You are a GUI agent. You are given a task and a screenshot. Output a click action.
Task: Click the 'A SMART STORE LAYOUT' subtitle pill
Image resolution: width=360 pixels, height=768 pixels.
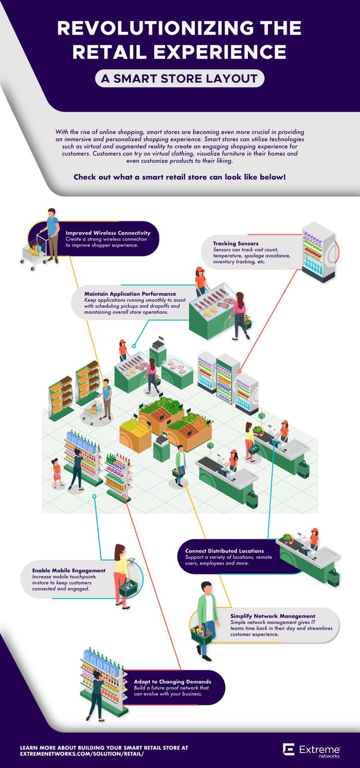point(180,79)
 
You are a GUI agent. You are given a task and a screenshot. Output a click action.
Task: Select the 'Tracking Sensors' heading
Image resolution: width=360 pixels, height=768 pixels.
point(236,243)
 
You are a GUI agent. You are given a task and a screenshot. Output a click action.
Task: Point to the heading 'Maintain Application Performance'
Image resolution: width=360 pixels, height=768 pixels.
point(130,294)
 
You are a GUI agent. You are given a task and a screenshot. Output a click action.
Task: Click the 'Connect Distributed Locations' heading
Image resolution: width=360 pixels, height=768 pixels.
point(224,551)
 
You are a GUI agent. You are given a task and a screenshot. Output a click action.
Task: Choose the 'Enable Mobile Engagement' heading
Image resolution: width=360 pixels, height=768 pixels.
point(68,571)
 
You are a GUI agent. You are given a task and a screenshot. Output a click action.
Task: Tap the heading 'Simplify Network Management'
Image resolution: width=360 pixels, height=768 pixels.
point(273,616)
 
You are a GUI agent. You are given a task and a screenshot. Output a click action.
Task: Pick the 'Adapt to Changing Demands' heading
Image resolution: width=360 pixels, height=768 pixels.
point(169,682)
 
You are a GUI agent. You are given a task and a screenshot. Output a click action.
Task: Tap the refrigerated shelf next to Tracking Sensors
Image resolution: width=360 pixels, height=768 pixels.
point(318,252)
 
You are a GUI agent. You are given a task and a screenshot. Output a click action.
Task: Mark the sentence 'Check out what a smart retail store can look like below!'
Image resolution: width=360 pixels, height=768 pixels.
point(179,177)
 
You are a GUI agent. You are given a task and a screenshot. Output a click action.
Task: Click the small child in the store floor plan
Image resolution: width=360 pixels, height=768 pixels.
point(57,472)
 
